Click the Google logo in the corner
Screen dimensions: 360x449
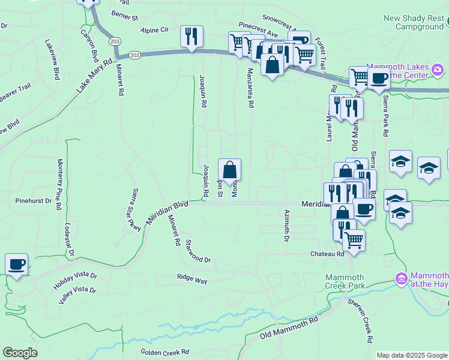pos(20,353)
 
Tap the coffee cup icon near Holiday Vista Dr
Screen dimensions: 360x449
pos(16,265)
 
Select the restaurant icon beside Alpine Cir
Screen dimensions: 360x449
pos(192,37)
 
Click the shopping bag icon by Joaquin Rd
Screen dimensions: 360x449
pos(230,169)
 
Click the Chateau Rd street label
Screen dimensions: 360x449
pos(327,254)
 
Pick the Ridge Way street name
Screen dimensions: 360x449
pos(191,280)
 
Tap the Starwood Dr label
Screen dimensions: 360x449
pos(198,251)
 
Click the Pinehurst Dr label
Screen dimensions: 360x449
pos(34,200)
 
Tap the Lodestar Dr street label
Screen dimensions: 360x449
pos(68,241)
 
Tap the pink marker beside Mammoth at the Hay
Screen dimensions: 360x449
pos(400,279)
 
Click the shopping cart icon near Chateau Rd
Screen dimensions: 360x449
pos(354,239)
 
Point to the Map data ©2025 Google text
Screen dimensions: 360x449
pos(412,355)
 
